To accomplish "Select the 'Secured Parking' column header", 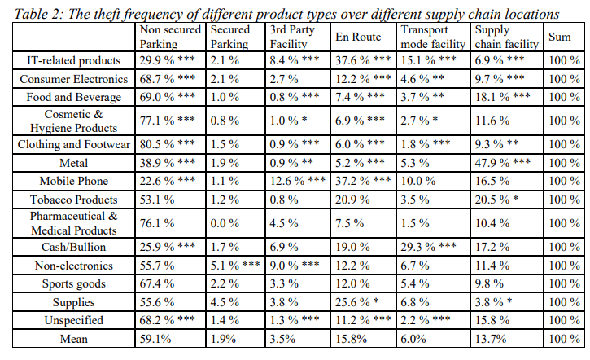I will point(229,37).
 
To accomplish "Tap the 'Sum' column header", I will point(560,37).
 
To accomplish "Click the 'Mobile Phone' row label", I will point(73,180).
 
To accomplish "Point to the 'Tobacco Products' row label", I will point(73,200).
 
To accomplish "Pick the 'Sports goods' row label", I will point(73,283).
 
